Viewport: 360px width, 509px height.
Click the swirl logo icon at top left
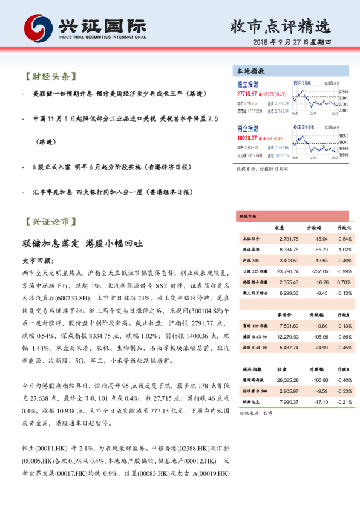coord(38,27)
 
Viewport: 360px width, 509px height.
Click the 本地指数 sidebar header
coord(250,71)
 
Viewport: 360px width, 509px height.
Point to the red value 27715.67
coord(247,94)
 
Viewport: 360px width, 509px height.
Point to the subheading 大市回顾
coord(38,261)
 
